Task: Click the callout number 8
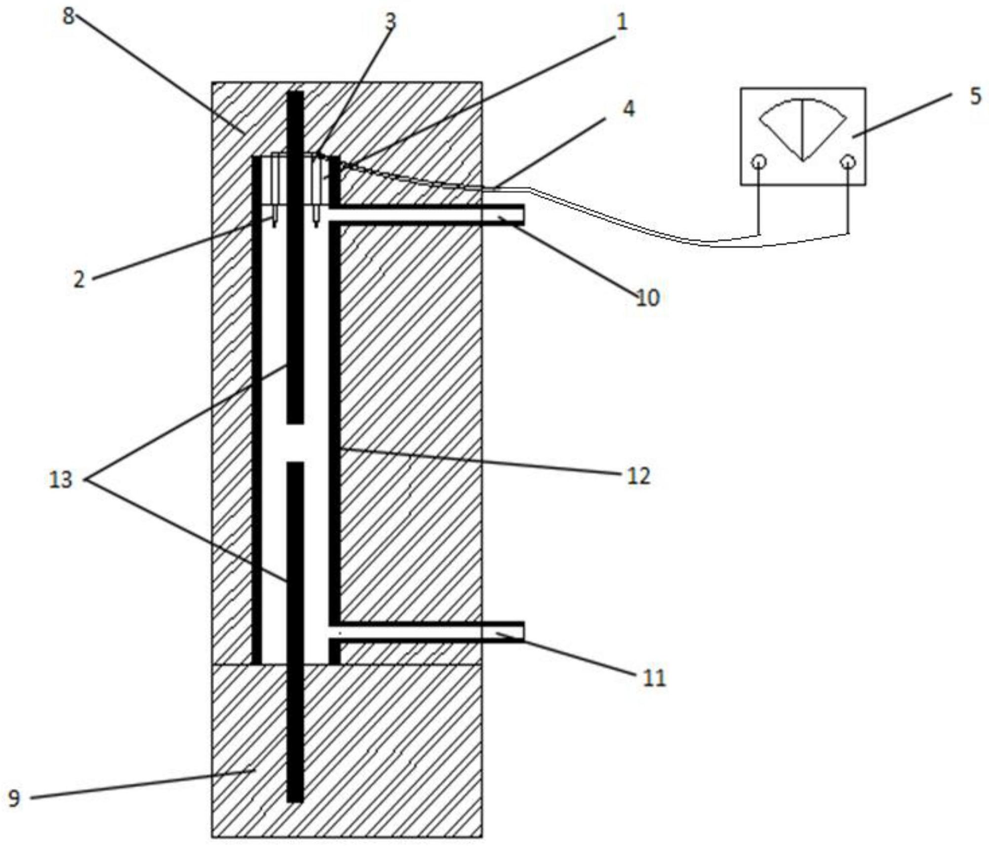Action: (x=68, y=16)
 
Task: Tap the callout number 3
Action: (x=391, y=22)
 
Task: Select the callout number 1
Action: (x=622, y=22)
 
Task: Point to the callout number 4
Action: (x=628, y=109)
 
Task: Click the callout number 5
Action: (x=975, y=96)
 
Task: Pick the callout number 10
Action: (x=648, y=298)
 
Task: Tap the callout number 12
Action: (x=638, y=476)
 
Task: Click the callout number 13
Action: (x=60, y=479)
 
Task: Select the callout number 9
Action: (x=14, y=798)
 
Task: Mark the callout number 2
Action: (x=79, y=280)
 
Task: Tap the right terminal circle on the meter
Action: (x=848, y=162)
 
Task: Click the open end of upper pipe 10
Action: (x=522, y=215)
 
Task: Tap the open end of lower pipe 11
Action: (x=522, y=632)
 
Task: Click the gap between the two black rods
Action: (x=295, y=443)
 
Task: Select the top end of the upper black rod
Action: (x=295, y=92)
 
